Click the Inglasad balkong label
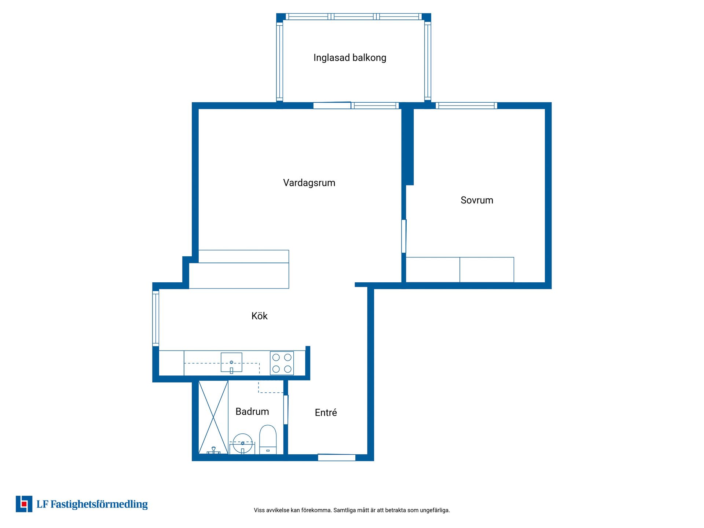(350, 58)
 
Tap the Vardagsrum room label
(309, 183)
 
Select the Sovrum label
(477, 200)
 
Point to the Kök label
(260, 316)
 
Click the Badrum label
(252, 411)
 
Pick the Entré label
(326, 412)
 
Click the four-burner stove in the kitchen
(282, 363)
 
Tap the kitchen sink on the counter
(231, 363)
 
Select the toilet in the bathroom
(268, 440)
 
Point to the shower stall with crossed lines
(213, 417)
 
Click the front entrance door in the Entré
(337, 457)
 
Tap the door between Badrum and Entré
(286, 410)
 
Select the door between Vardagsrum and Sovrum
(404, 236)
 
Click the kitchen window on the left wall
(156, 318)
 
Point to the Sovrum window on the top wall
(466, 106)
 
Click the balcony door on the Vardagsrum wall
(332, 106)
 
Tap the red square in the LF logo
(24, 504)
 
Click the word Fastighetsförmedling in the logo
(99, 505)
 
